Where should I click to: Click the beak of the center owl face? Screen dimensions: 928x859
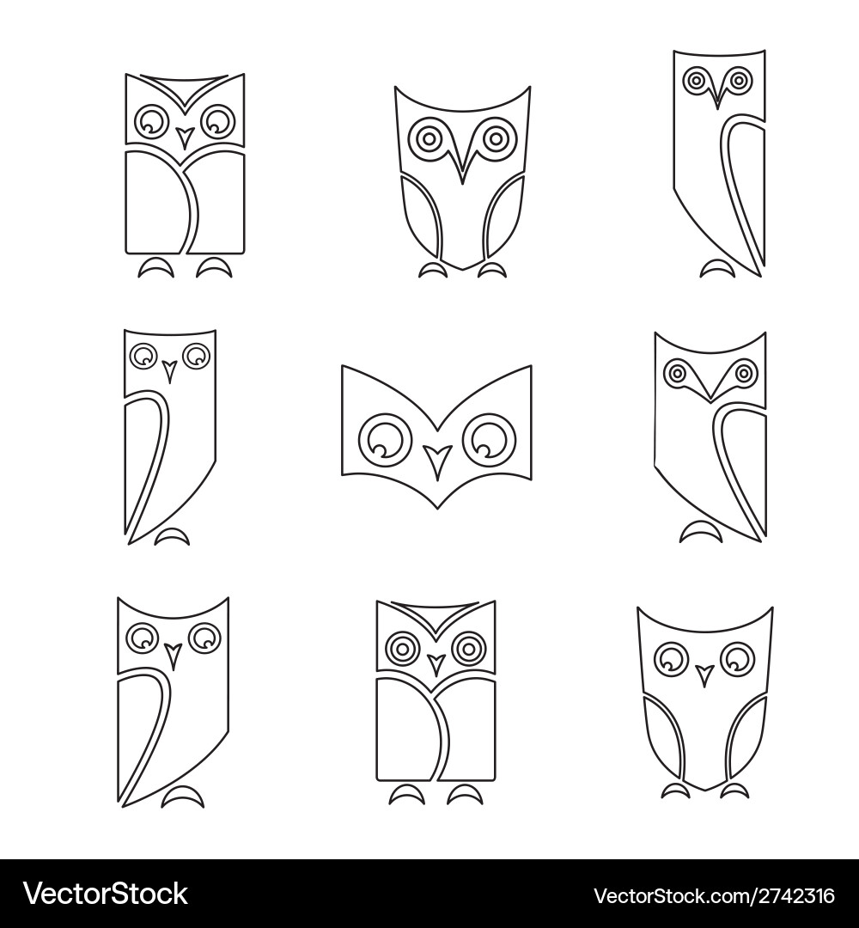(438, 460)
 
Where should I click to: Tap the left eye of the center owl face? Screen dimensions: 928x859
(384, 438)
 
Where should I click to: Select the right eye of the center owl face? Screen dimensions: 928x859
(488, 438)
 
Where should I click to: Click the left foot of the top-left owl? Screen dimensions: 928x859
(156, 269)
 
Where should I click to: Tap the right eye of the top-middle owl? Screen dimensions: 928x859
(495, 137)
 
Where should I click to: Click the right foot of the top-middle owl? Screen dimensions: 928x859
(491, 271)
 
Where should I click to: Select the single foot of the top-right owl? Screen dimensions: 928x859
(717, 270)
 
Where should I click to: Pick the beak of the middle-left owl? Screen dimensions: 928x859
(169, 371)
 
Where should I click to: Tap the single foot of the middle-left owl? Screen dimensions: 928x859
(173, 538)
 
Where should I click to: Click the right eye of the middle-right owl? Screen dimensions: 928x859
(744, 373)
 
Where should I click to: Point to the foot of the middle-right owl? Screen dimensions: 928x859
(701, 534)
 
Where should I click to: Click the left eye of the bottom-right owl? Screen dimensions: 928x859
(669, 659)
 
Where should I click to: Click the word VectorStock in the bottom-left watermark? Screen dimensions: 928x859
(105, 894)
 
